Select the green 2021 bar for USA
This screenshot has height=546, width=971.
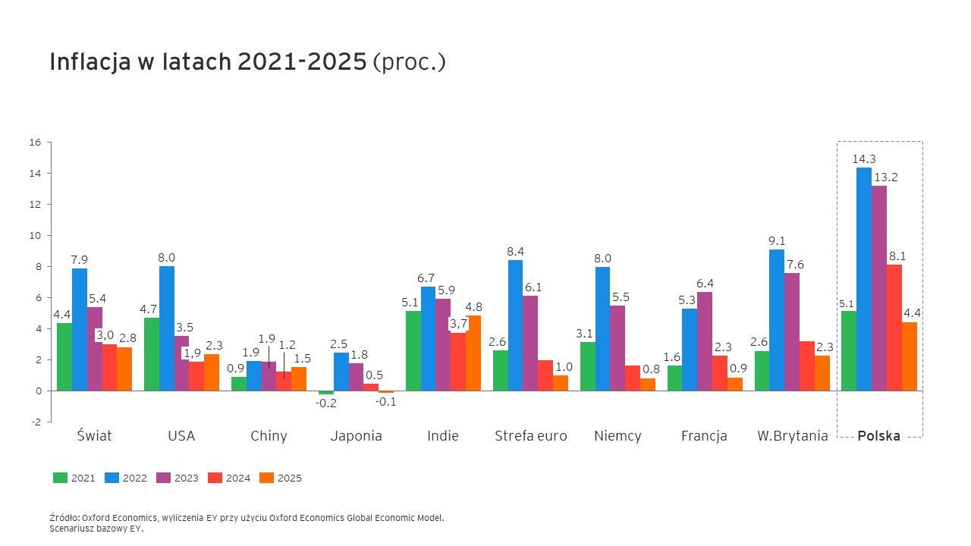point(152,354)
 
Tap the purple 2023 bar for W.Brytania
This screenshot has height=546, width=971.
point(792,331)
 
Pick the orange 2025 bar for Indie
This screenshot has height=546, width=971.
point(473,353)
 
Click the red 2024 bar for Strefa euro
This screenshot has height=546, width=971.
point(545,375)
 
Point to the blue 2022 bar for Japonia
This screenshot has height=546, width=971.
point(341,372)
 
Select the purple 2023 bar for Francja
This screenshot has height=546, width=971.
point(705,341)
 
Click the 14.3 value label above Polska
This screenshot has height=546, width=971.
point(864,158)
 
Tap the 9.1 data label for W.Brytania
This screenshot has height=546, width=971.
point(777,241)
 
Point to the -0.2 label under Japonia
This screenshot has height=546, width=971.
point(326,403)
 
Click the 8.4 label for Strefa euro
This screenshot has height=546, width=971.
point(516,252)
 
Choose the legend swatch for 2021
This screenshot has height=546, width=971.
point(60,478)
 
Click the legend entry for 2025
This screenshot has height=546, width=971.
point(281,478)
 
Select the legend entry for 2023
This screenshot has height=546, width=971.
point(178,478)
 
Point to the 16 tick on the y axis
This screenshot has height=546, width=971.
point(35,142)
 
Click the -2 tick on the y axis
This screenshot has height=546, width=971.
point(36,422)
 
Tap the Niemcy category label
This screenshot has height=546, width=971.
point(617,436)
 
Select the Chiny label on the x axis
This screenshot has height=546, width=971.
point(269,436)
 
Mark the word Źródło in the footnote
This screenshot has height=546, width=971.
point(63,518)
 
